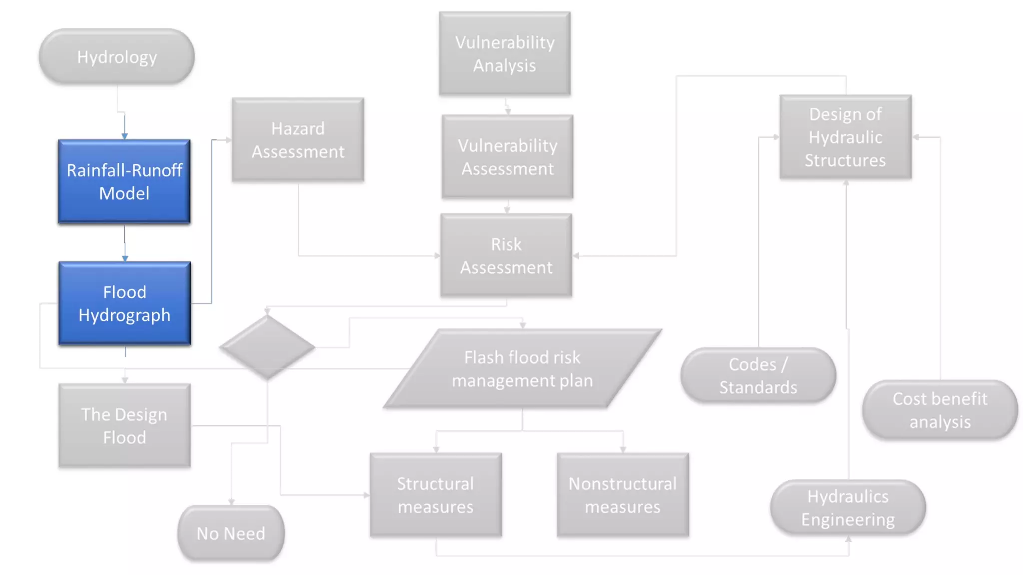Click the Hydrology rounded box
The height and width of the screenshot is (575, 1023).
click(117, 57)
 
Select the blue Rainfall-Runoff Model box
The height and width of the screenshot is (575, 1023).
click(124, 181)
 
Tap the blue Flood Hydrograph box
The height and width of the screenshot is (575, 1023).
click(125, 303)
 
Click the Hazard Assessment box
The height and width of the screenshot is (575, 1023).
click(298, 140)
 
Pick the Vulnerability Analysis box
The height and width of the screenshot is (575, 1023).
click(505, 54)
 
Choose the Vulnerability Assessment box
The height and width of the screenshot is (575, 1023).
click(508, 157)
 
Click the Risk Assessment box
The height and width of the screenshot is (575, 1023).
click(506, 256)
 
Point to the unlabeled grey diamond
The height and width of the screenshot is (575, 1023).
click(267, 347)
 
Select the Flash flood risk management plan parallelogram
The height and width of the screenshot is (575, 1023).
click(522, 369)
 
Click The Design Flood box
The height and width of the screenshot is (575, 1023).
click(124, 426)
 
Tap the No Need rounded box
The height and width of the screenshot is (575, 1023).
click(231, 533)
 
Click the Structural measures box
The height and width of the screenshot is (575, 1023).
click(435, 495)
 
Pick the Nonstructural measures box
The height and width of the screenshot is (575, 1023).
click(623, 495)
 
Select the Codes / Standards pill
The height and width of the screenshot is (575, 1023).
click(758, 375)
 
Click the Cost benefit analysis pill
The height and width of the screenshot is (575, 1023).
click(940, 410)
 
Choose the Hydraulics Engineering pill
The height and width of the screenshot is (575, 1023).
click(848, 507)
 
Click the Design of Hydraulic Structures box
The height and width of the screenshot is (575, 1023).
click(845, 137)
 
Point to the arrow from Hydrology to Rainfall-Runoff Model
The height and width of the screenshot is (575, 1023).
click(124, 125)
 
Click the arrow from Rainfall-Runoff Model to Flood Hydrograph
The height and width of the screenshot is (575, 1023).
click(125, 245)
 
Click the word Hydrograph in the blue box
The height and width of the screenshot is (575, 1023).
click(125, 315)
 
